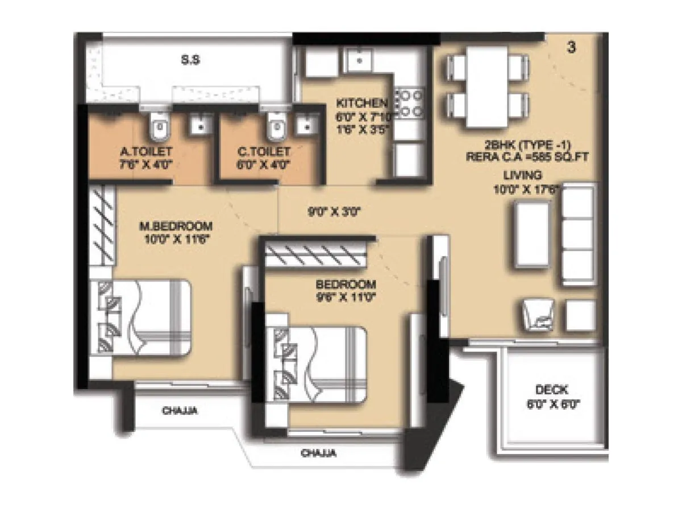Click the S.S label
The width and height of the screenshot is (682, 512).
click(190, 60)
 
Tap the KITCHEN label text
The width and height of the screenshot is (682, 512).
click(361, 103)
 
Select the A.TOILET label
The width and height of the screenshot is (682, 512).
click(147, 152)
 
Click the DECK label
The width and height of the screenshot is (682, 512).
click(551, 390)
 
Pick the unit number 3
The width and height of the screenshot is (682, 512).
click(571, 48)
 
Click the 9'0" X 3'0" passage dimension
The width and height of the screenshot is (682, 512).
click(335, 212)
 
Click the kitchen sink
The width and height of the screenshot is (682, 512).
click(359, 58)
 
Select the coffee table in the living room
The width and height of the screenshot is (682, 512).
click(531, 233)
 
